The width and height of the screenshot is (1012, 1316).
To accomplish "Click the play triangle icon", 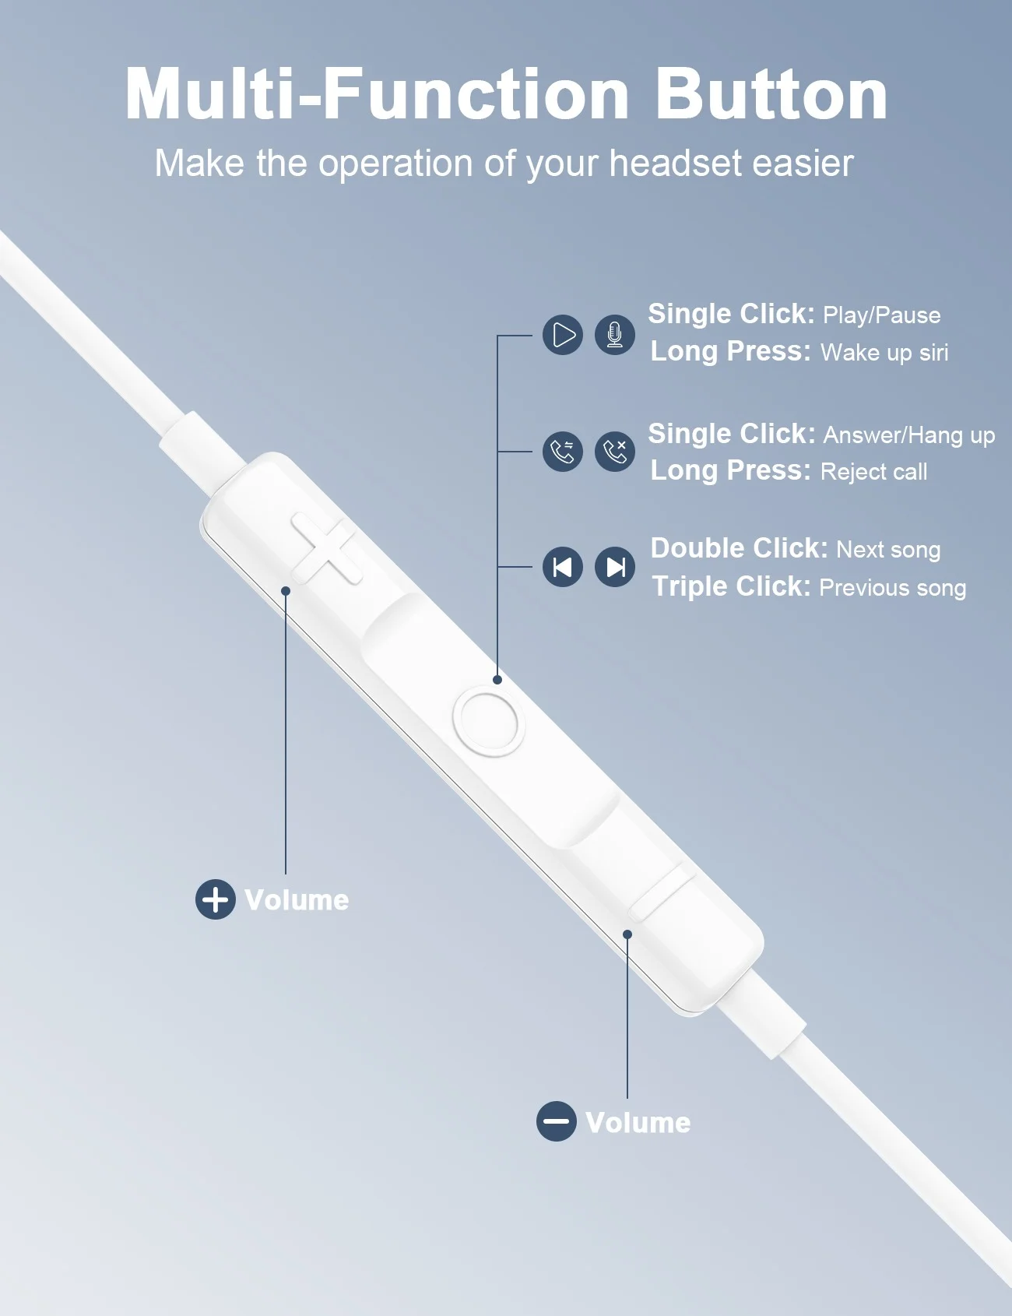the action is coord(563,335).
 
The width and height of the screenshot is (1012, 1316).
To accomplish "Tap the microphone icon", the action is coord(615,335).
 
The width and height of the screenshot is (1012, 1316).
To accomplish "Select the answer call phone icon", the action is coord(563,452).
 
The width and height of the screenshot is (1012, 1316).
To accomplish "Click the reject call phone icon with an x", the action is coord(615,452).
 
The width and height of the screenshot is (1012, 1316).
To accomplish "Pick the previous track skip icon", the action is coord(563,567).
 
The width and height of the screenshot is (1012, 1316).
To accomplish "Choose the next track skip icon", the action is coord(615,567).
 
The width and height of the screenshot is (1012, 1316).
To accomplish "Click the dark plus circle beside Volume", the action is coord(216,899).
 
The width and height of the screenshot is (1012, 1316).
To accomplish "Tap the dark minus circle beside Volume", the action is coord(557,1122).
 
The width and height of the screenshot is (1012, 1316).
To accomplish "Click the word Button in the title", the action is coord(771,94).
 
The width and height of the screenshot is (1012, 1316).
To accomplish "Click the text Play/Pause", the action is coord(882,315).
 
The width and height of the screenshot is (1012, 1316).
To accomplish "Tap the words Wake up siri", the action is coord(884,353).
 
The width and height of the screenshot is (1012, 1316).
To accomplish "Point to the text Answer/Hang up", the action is coord(909,435).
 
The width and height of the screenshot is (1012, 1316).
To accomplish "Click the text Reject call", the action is coord(874,472).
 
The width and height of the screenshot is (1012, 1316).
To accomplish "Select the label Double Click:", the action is coord(739,548).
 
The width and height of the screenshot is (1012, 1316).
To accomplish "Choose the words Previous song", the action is coord(893,588).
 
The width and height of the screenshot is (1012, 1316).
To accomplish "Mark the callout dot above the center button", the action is coord(497,680).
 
